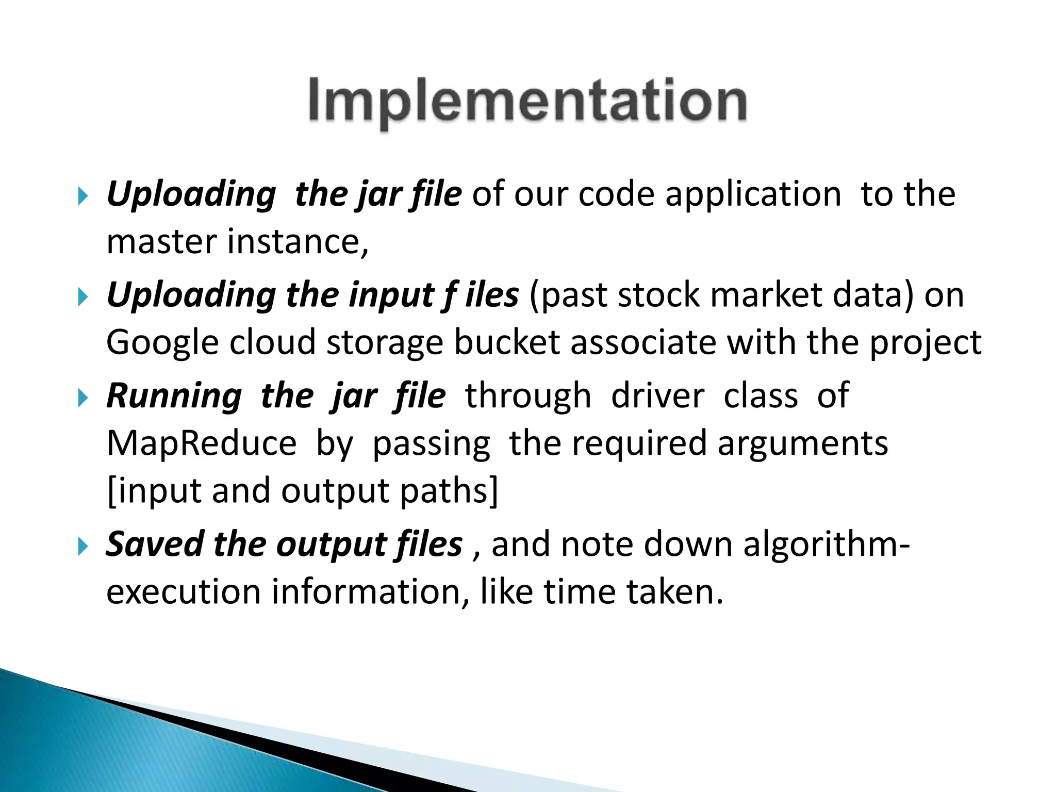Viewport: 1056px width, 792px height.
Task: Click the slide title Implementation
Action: pos(527,101)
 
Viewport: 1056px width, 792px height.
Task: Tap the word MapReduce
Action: pos(201,443)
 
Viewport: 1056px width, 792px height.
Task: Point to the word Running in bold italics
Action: pos(174,396)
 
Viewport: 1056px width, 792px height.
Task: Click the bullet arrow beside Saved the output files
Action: pos(83,546)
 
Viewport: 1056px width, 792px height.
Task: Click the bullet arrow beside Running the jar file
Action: pos(83,398)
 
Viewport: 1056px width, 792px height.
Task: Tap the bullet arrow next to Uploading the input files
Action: pos(83,297)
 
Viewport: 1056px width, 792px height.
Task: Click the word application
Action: pos(753,195)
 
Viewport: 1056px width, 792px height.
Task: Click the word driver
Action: pos(657,396)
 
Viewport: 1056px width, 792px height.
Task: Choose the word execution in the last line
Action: pos(183,592)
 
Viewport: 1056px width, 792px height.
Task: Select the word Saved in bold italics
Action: pos(155,544)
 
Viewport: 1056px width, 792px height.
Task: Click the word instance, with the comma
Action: pos(298,242)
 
